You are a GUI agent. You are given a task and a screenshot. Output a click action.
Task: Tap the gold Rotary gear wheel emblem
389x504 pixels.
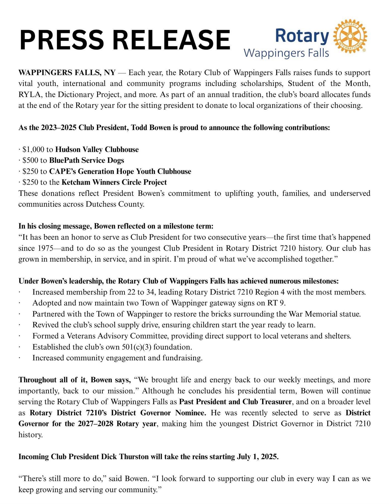click(x=350, y=36)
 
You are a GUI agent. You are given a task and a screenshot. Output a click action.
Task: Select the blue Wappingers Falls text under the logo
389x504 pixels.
click(x=286, y=53)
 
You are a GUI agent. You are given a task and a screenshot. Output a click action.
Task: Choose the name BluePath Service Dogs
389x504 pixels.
click(x=87, y=160)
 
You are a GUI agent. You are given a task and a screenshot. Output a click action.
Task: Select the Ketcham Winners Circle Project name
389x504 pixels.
click(x=114, y=182)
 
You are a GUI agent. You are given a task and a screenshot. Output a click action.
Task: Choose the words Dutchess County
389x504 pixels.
click(x=115, y=204)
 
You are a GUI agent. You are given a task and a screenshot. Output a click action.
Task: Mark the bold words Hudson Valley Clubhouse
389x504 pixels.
click(x=97, y=149)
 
